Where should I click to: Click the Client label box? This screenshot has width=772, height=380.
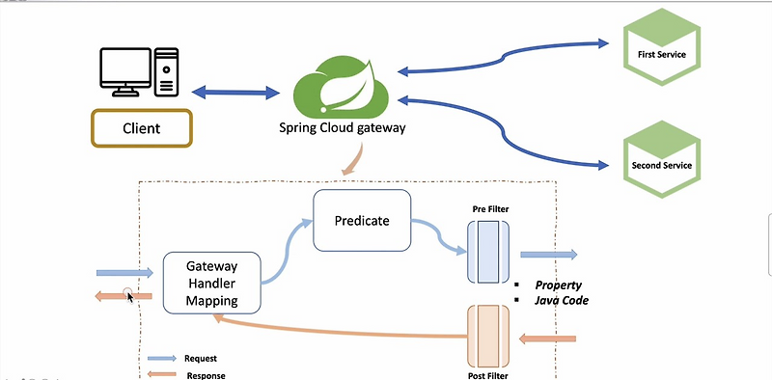coord(141,127)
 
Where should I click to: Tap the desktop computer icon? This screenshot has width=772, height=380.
coord(141,72)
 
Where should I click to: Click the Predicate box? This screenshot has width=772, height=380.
coord(362,221)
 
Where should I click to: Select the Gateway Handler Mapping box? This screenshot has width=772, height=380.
coord(212,283)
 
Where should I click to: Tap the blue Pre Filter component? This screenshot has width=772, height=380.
coord(487,252)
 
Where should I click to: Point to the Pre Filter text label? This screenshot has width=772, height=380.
coord(491,208)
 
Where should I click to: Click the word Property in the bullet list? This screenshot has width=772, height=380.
coord(562,285)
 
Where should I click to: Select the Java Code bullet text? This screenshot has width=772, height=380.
coord(562,301)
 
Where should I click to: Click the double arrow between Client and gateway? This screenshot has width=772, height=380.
coord(235,94)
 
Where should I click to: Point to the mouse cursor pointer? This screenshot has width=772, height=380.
coord(132,296)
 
